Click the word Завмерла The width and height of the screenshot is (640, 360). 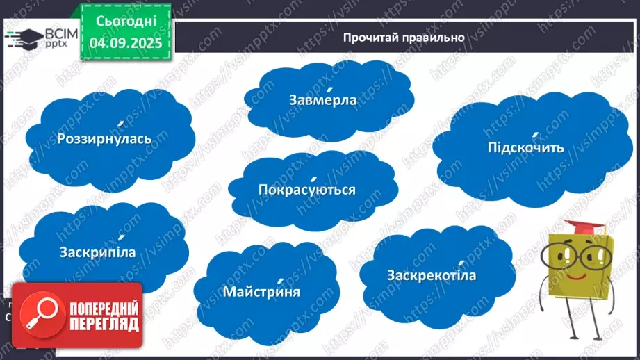click(322, 100)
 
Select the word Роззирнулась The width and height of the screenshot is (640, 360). click(105, 138)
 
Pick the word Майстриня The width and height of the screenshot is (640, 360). click(261, 291)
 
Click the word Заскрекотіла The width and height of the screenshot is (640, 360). click(432, 276)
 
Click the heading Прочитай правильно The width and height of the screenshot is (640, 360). click(403, 38)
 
